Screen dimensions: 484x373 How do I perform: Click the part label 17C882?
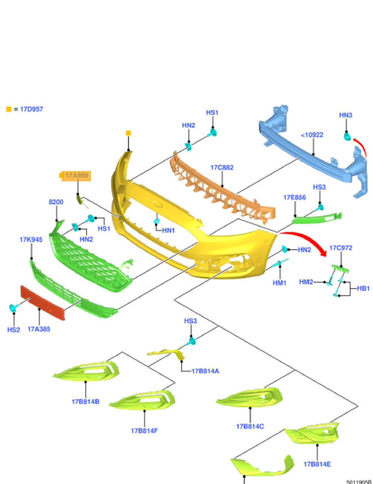click(x=222, y=168)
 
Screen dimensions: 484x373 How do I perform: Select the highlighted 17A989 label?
click(x=76, y=176)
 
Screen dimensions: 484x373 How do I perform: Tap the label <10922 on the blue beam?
click(x=312, y=135)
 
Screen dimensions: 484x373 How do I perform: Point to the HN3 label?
click(x=345, y=115)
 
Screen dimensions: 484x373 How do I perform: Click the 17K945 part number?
click(x=31, y=240)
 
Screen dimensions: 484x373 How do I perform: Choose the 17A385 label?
click(x=39, y=329)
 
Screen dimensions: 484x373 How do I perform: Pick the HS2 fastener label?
click(x=13, y=330)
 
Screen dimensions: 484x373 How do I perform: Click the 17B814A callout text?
click(x=205, y=371)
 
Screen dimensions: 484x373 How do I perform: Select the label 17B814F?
click(x=144, y=431)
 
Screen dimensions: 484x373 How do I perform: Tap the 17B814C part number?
click(x=250, y=426)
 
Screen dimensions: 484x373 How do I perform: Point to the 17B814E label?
click(x=317, y=464)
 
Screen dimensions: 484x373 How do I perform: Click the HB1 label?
click(x=363, y=288)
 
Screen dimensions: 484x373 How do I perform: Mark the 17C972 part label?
click(x=341, y=248)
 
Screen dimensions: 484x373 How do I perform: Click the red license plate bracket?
click(x=43, y=302)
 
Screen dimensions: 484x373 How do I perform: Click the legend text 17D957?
click(x=31, y=109)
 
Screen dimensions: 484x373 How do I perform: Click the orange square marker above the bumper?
click(x=128, y=133)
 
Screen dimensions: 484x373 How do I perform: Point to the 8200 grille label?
click(x=56, y=202)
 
